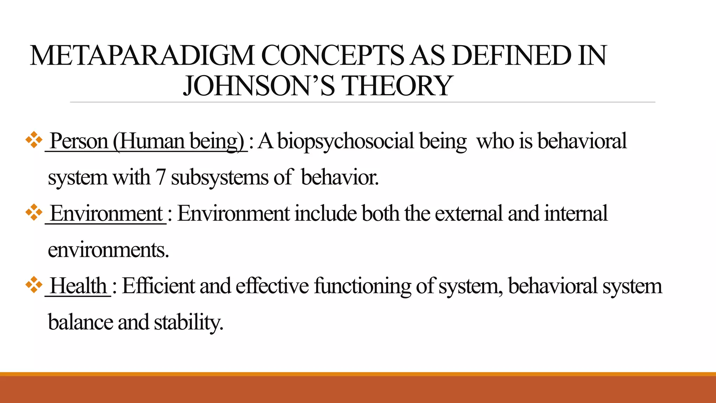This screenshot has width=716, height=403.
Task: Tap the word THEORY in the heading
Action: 397,86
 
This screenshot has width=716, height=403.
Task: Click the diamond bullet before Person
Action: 34,141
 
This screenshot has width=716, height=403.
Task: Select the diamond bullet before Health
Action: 34,285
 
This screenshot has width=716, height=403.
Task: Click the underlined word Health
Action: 78,285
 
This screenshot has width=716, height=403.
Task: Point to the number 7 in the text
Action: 160,177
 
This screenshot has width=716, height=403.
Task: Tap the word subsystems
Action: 220,178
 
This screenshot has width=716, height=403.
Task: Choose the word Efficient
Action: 158,285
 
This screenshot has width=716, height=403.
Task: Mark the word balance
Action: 80,322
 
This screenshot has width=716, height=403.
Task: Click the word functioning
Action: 362,286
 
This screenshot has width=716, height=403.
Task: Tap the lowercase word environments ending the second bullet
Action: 108,250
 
